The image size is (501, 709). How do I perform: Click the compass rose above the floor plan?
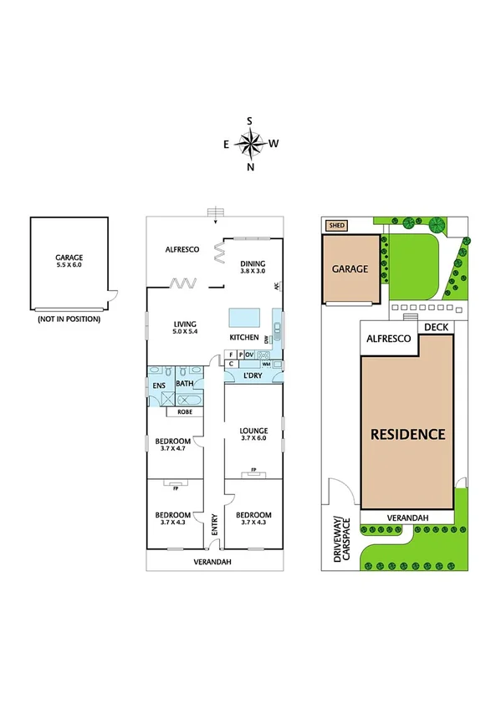click(250, 144)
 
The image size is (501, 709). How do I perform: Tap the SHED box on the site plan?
click(336, 225)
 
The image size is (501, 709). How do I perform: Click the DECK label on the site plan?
click(436, 328)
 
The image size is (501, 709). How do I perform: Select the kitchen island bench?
click(243, 317)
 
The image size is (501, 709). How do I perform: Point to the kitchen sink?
click(277, 328)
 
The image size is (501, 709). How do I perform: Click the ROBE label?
click(183, 411)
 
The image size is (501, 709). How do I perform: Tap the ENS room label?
click(159, 385)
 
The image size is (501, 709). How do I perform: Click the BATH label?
click(184, 385)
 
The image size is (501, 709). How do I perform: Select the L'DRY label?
click(253, 376)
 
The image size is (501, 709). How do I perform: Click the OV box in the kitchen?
click(249, 354)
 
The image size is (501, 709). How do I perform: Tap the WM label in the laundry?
click(266, 365)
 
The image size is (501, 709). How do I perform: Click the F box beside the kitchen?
click(230, 354)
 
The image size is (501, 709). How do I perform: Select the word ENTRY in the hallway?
click(214, 525)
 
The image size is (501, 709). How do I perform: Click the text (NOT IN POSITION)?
click(69, 319)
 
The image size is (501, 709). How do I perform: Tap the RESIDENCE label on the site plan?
click(407, 434)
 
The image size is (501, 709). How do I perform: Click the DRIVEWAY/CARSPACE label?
click(341, 539)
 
